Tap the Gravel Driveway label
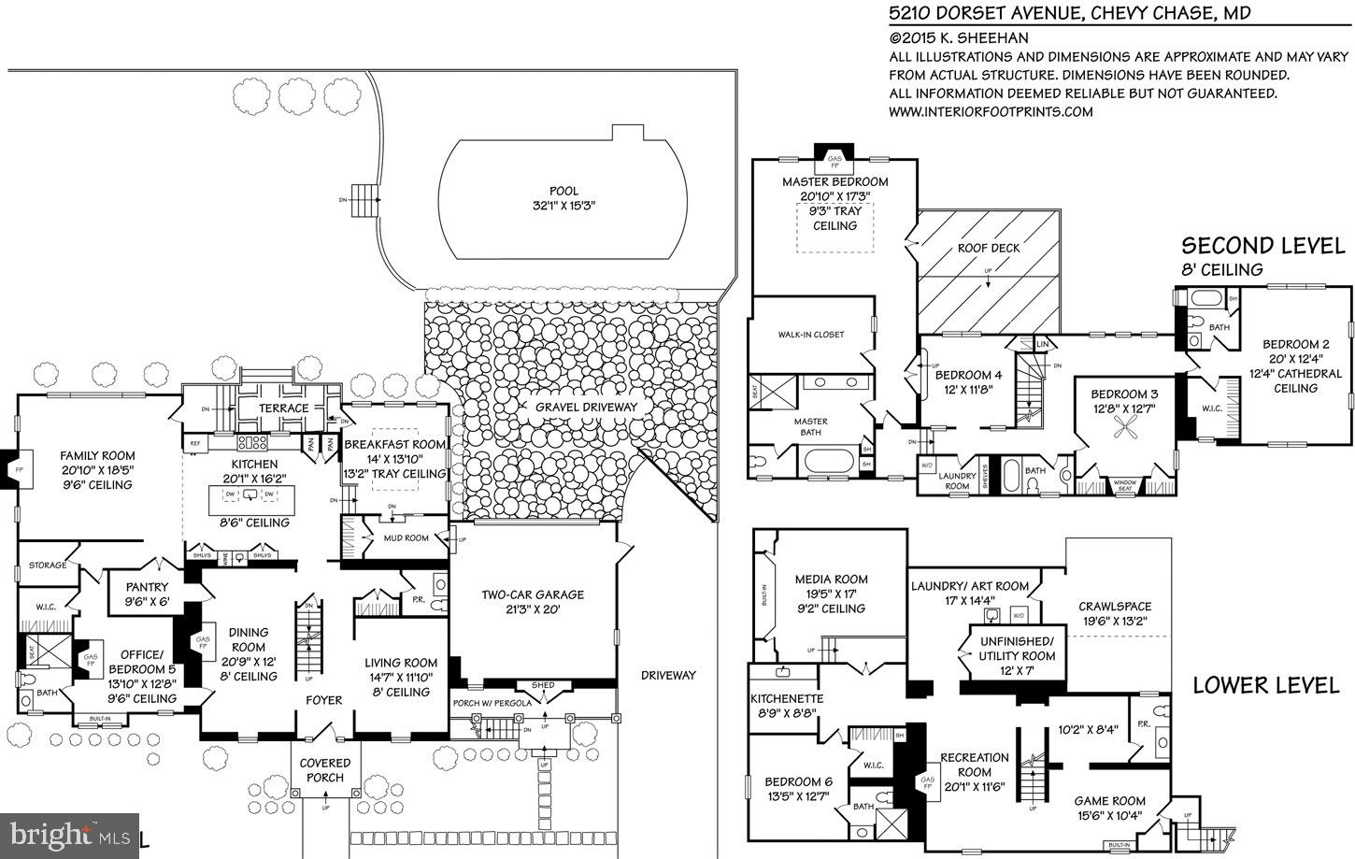586,407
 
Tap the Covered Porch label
325,770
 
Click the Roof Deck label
989,248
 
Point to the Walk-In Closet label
811,335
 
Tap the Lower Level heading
1265,685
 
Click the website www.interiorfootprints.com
991,111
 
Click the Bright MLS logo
70,833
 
